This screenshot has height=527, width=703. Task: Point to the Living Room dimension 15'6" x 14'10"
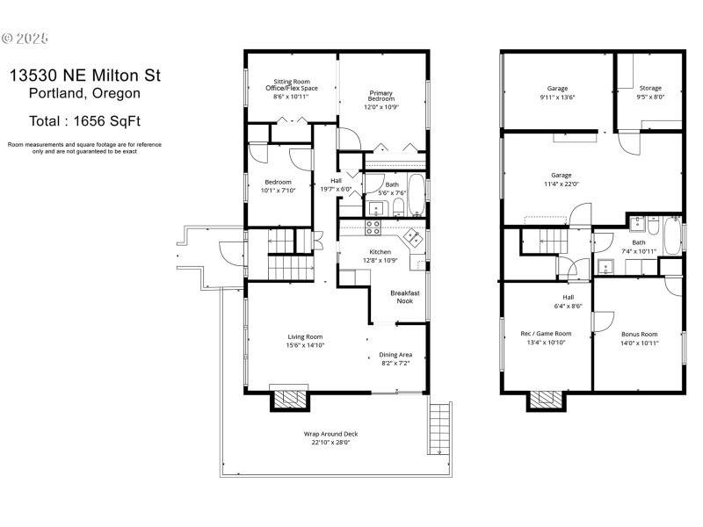305,345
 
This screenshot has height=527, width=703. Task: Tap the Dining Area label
395,355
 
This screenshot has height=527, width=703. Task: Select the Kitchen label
380,251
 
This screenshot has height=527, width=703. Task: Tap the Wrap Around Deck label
330,434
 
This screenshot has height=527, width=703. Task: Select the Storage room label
650,88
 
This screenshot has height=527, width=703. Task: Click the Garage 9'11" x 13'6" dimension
557,97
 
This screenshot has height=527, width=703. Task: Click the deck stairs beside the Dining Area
440,430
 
